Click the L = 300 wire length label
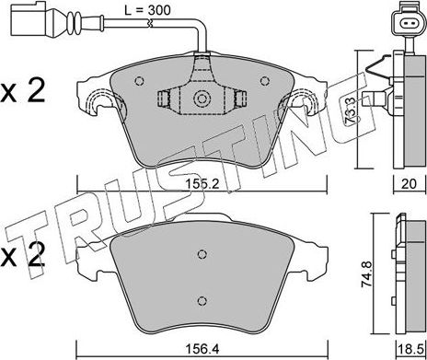(147, 10)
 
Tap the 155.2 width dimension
(202, 184)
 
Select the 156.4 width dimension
(202, 349)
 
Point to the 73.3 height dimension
(350, 110)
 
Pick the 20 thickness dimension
(410, 184)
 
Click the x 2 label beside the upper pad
(23, 90)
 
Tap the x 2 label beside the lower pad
(23, 255)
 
